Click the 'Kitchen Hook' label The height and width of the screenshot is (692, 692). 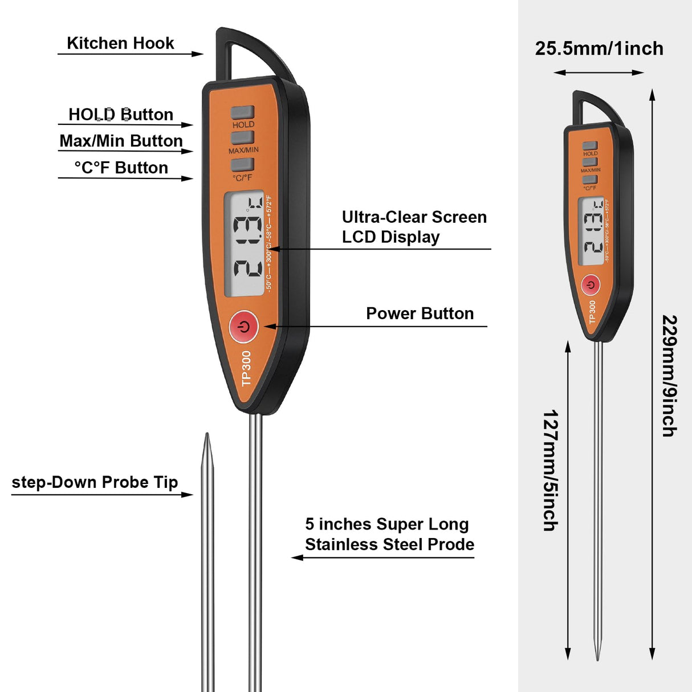coord(120,43)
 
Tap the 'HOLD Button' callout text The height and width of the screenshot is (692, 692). coord(120,115)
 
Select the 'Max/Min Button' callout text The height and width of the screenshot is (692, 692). coord(121,141)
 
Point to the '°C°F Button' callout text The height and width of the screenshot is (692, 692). coord(121,168)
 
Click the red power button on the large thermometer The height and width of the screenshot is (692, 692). coord(243,327)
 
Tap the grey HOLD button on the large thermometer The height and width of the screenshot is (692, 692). coord(242,112)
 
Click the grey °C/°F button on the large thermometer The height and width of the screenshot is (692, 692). coord(242,165)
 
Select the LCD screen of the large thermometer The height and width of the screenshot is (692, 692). coord(244,243)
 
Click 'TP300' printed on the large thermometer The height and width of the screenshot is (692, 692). coord(246,368)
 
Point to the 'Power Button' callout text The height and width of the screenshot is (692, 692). coord(420,314)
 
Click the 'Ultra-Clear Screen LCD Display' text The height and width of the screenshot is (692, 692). coord(414,227)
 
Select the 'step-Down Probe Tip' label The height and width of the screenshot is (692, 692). coord(95,482)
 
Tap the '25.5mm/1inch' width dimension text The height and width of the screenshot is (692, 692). coord(599,48)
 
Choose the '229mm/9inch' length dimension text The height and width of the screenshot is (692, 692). coord(670,376)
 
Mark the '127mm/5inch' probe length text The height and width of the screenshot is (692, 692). coord(551,470)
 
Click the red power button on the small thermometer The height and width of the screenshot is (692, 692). coord(591,284)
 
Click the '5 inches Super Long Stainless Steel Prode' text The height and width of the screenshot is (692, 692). coord(389,534)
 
